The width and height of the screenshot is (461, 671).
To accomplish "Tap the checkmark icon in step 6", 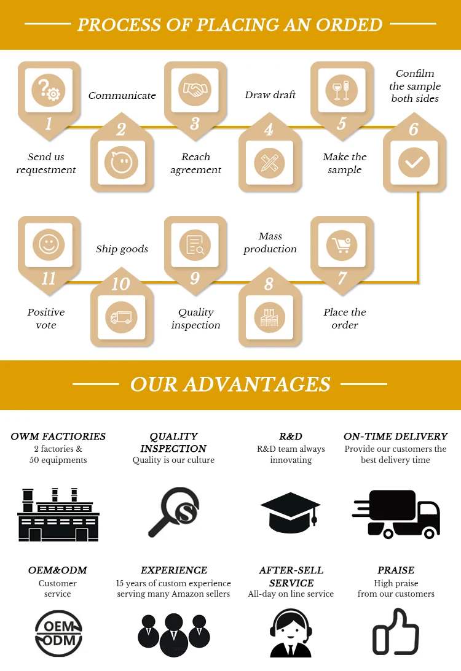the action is pos(414,163).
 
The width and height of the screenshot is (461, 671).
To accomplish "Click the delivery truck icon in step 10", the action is pos(121,317).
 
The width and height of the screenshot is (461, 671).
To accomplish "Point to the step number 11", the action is pos(49,279).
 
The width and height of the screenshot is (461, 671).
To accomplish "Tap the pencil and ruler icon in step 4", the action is pos(269,163).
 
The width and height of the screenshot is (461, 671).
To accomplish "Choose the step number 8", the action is pos(269,284).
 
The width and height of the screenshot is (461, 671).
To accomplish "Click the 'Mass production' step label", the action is pos(270,242).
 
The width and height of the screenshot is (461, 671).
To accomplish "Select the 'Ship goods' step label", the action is pos(122,249).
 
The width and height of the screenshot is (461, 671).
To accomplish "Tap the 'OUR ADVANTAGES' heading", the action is pos(230,384).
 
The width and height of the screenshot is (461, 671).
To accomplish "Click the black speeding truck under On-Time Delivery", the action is pos(396,513).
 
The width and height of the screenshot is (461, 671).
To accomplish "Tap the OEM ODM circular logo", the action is pos(58,632).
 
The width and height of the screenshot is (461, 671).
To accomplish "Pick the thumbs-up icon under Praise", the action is pos(396,632).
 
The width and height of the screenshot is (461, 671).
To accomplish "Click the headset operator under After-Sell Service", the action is pos(291,633).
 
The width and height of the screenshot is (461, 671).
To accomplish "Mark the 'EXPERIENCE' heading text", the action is pos(174,570).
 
